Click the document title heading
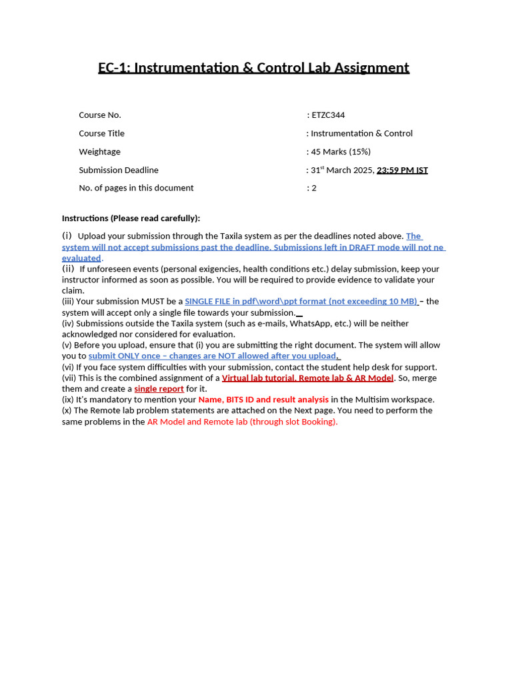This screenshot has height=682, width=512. pyautogui.click(x=253, y=68)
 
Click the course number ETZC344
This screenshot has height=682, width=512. pyautogui.click(x=328, y=115)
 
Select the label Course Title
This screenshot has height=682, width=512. pyautogui.click(x=101, y=133)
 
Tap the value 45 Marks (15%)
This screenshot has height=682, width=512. pyautogui.click(x=341, y=152)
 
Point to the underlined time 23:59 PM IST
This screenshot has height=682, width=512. pyautogui.click(x=402, y=170)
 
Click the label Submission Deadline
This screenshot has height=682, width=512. pyautogui.click(x=119, y=170)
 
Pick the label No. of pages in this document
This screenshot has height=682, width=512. pyautogui.click(x=136, y=188)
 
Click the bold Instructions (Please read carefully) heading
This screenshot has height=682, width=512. pyautogui.click(x=131, y=218)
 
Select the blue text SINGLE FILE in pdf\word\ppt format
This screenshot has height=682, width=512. pyautogui.click(x=300, y=301)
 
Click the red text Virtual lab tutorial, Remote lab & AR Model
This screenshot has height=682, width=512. pyautogui.click(x=307, y=378)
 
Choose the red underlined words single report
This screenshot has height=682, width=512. pyautogui.click(x=159, y=388)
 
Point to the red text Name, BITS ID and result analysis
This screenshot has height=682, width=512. pyautogui.click(x=263, y=400)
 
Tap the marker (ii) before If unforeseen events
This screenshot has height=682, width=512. pyautogui.click(x=68, y=268)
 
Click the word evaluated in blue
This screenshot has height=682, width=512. pyautogui.click(x=81, y=258)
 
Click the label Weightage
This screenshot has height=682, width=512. pyautogui.click(x=99, y=152)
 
